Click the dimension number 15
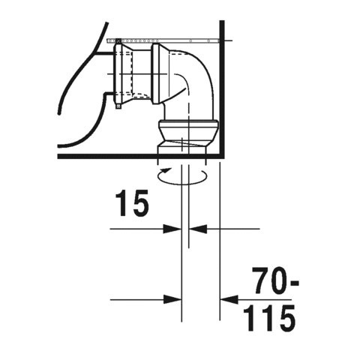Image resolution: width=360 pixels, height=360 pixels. pos(132,203)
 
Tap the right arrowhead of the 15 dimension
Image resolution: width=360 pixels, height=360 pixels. pos(193,228)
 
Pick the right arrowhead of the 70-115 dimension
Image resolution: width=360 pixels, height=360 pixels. pos(224,299)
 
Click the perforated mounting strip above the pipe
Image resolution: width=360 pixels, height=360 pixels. pos(165,39)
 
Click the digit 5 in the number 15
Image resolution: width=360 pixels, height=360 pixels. pos(141,203)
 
